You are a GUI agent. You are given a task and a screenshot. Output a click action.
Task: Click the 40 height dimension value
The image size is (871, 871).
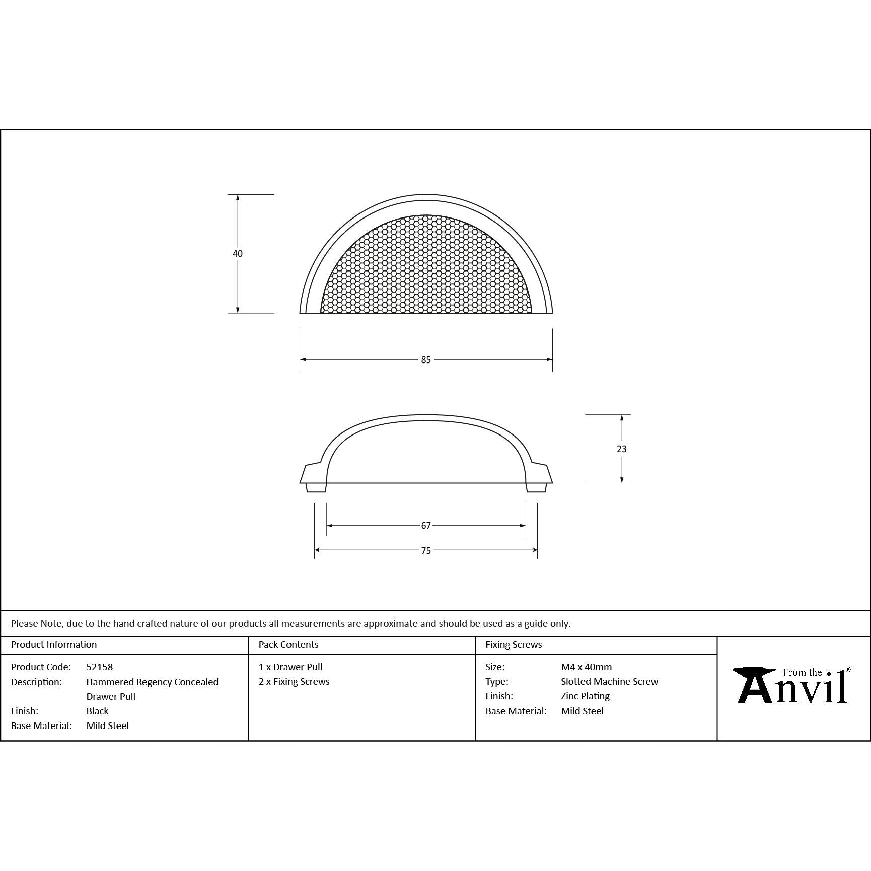(x=238, y=254)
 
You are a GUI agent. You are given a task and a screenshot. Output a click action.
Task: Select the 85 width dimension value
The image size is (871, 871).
(x=426, y=360)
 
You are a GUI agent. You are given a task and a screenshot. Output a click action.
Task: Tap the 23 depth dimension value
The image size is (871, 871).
(x=622, y=449)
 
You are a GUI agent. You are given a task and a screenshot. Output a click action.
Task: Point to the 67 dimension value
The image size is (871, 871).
(x=426, y=526)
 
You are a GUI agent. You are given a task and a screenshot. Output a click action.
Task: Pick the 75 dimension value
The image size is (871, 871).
(x=426, y=551)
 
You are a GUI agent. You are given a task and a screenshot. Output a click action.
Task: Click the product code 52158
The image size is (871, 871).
(x=100, y=667)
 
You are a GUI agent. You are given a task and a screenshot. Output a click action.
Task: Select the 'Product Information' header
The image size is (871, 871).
(x=54, y=645)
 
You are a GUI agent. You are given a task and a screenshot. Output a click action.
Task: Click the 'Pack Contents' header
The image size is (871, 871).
(x=288, y=645)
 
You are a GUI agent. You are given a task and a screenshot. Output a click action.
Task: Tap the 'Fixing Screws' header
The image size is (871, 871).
(x=514, y=645)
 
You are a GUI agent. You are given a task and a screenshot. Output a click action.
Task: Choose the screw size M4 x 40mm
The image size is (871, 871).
(x=587, y=667)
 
